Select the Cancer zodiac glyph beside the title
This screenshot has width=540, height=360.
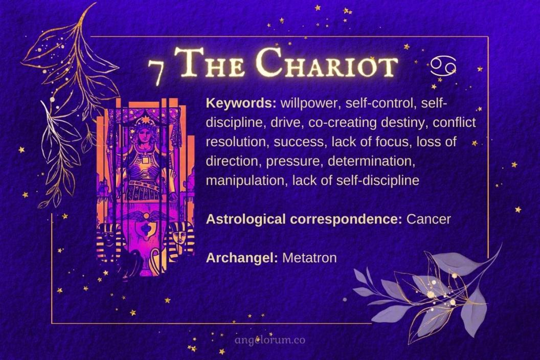pyautogui.click(x=443, y=65)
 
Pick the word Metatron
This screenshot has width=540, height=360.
pyautogui.click(x=309, y=258)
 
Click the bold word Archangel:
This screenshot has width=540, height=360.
pyautogui.click(x=241, y=258)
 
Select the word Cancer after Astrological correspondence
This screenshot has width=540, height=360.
pyautogui.click(x=429, y=219)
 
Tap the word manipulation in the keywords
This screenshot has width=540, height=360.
pyautogui.click(x=246, y=181)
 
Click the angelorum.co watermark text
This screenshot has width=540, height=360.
pyautogui.click(x=269, y=340)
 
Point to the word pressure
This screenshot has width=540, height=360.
pyautogui.click(x=299, y=162)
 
